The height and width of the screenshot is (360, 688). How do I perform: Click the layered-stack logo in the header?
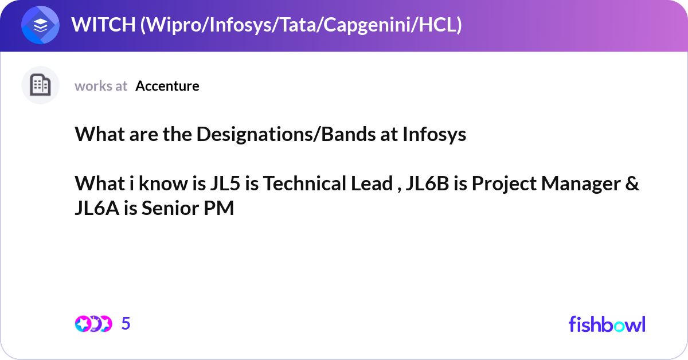pos(41,25)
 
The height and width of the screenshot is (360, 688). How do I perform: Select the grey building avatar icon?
pos(41,85)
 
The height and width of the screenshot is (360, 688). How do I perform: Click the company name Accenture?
pos(167,86)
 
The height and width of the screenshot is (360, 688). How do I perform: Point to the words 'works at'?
pos(101,86)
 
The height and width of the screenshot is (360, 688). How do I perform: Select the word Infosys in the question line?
pos(434,135)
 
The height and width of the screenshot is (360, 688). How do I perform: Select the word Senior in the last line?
pos(169,209)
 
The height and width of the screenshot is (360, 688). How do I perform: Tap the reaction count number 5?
pos(126,324)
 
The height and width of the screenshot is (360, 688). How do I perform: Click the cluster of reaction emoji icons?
pos(93,324)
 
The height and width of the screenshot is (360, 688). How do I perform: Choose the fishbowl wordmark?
pos(607,324)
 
